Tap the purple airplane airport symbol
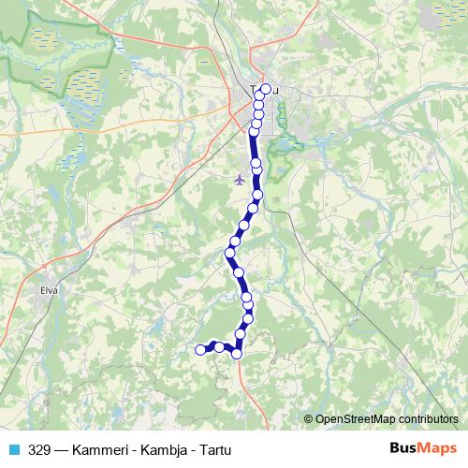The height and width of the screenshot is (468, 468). pos(240,178)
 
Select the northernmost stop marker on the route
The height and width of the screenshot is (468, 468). pos(266,89)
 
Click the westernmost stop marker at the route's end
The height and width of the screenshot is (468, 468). pos(199,350)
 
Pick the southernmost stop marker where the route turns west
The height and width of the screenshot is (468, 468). pos(237,353)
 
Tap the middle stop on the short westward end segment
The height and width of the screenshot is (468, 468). pos(220,346)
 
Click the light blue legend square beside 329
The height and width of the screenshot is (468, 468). pos(14,449)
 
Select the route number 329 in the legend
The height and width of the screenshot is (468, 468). pos(40,449)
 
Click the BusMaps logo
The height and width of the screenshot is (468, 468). pos(422,449)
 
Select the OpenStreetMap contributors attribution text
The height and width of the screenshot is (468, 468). pos(387,419)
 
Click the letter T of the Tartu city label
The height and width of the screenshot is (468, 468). pos(253,90)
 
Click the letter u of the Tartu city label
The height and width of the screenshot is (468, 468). pos(277,90)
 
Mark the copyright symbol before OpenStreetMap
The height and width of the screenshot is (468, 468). pos(309,419)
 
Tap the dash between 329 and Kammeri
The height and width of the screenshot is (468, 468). pos(63,449)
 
